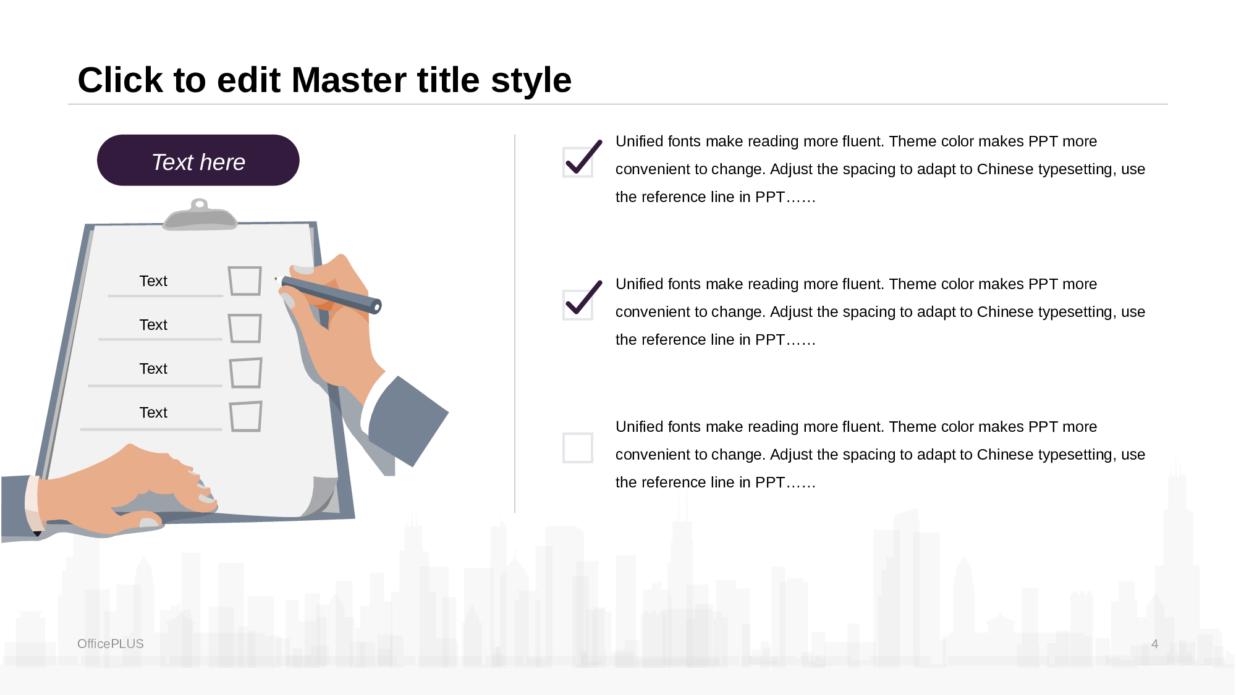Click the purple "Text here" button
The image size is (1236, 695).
(198, 160)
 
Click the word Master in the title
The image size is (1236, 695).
(385, 80)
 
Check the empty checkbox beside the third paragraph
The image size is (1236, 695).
(578, 447)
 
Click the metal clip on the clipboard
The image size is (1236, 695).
(200, 215)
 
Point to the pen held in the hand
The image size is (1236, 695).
(331, 293)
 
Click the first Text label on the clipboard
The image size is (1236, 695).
(153, 281)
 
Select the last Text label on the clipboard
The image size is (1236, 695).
(153, 413)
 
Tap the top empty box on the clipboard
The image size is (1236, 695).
(245, 281)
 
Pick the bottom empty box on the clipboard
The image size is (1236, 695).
(246, 416)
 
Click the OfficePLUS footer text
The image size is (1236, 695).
(111, 644)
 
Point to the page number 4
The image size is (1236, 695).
(1154, 644)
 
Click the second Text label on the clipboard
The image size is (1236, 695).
(153, 325)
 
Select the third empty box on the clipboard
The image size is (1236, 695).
(246, 373)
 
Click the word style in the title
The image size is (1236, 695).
(531, 80)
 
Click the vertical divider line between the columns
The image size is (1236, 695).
(515, 324)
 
